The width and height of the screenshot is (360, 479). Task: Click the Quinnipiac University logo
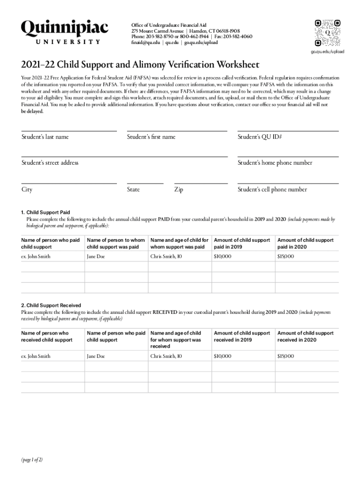point(65,32)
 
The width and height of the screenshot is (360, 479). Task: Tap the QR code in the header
point(327,33)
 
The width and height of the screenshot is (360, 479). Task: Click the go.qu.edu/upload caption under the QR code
point(327,51)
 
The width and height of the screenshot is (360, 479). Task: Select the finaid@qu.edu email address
point(146,42)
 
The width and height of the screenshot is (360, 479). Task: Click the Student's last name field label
point(45,137)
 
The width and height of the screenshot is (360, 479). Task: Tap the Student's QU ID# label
point(259,137)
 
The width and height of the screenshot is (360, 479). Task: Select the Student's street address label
point(50,163)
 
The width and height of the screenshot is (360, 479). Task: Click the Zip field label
point(179,189)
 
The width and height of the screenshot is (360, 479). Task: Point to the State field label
point(133,189)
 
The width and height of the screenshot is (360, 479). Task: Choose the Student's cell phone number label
point(272,189)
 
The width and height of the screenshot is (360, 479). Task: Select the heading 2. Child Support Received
point(51,305)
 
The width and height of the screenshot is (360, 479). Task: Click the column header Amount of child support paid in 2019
point(242,243)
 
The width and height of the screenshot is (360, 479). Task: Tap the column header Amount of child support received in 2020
point(306,336)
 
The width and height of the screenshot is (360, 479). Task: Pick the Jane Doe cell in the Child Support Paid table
point(96,256)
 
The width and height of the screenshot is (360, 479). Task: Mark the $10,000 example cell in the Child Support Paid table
point(223,256)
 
